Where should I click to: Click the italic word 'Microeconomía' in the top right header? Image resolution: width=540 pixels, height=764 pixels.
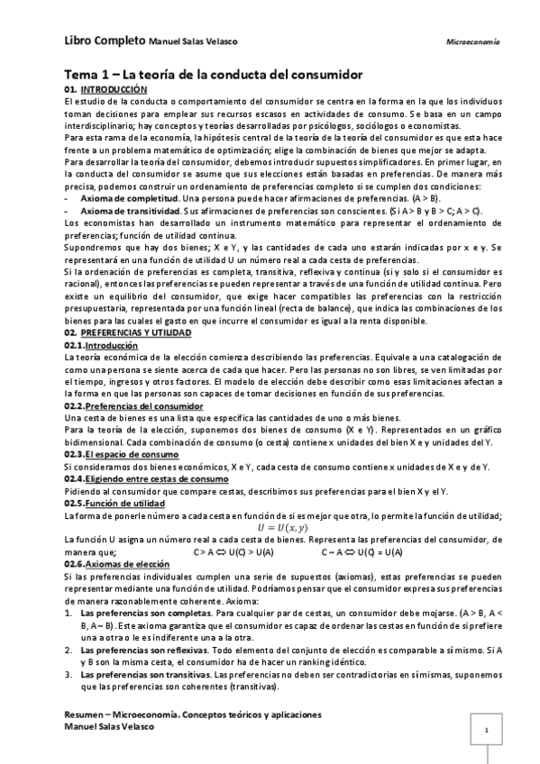click(x=473, y=42)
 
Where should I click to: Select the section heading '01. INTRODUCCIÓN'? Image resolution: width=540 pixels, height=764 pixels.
click(x=105, y=91)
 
